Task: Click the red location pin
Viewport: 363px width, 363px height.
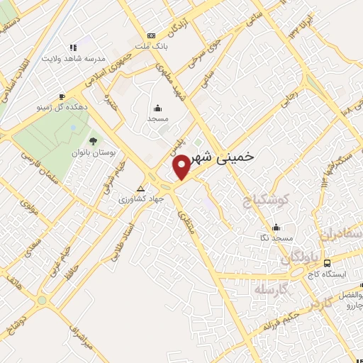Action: (x=182, y=167)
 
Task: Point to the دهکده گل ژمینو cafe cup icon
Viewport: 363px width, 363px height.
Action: (x=62, y=96)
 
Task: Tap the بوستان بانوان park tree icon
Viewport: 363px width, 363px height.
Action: (x=94, y=140)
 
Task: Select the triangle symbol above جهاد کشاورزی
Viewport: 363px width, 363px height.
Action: (x=140, y=189)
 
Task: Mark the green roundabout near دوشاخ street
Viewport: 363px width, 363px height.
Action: (x=42, y=301)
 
